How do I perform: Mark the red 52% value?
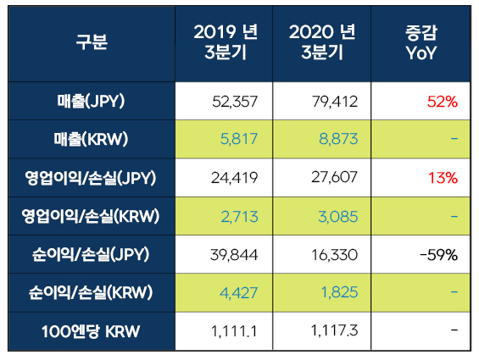442,102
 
